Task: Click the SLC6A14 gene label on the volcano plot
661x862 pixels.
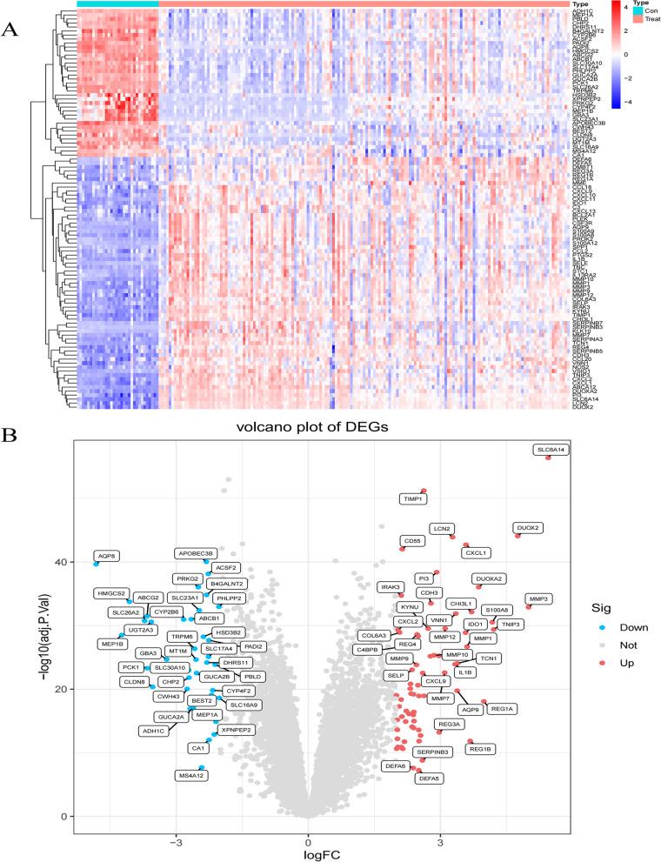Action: click(x=551, y=449)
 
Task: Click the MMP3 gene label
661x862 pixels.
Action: click(x=539, y=599)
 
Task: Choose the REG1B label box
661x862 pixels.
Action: click(x=481, y=748)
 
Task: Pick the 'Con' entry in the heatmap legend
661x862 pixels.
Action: click(x=642, y=10)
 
